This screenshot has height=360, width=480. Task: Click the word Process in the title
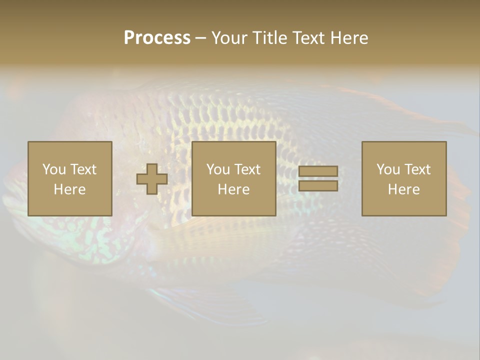coord(157,38)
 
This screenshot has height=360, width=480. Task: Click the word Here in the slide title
coord(350,38)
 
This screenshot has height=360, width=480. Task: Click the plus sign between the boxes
coord(152,179)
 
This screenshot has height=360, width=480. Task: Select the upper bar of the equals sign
coord(318,171)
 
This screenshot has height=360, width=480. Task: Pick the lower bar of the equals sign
coord(318,186)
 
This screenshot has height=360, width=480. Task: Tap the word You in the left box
coord(53,169)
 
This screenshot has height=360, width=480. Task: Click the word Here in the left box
coord(70,189)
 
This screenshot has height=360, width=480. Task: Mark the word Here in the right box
coord(404,189)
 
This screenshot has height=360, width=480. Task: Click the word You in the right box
coord(387,169)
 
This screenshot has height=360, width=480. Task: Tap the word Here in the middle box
coord(234,189)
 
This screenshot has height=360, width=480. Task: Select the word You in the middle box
coord(217,169)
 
